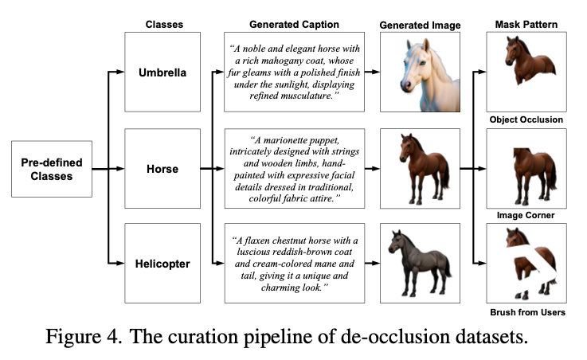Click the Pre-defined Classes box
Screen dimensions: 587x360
[x=52, y=169]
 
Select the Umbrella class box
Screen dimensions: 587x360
[x=162, y=72]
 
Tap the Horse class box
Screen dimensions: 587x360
[x=162, y=168]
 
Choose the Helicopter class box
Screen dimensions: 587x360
[x=162, y=263]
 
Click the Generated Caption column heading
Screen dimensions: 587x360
[x=294, y=25]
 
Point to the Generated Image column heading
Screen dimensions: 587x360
[x=420, y=25]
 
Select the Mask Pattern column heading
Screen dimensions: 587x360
[x=526, y=25]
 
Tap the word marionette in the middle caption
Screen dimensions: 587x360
[x=288, y=140]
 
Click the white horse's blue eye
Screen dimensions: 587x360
[x=422, y=63]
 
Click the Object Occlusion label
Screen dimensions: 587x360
[x=526, y=119]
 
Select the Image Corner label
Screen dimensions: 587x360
[x=526, y=215]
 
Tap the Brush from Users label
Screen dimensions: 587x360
[x=527, y=312]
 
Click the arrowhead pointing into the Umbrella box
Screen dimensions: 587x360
[x=120, y=72]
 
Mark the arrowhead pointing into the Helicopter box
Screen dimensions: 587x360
[x=120, y=263]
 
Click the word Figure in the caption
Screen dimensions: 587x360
[x=73, y=336]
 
